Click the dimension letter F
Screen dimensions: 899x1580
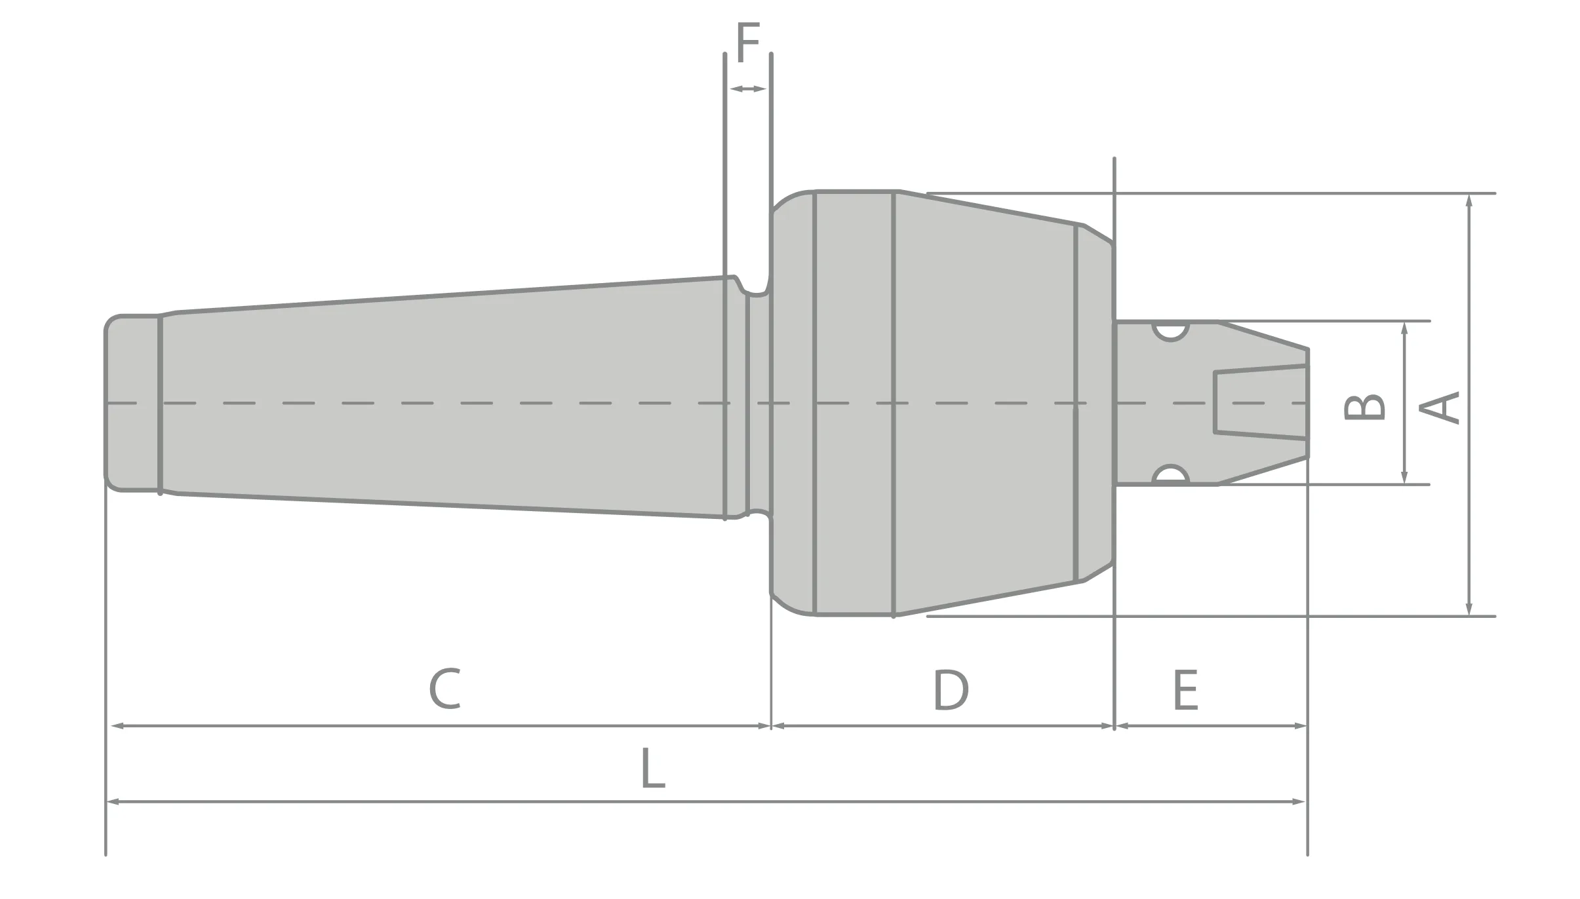click(x=747, y=43)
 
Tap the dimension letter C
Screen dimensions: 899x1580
click(x=445, y=689)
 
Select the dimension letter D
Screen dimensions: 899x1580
click(x=950, y=690)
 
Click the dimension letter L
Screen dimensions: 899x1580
click(x=652, y=768)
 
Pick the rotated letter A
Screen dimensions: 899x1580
click(x=1440, y=407)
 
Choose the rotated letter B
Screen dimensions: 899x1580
click(x=1365, y=407)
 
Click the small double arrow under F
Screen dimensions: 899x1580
click(x=747, y=89)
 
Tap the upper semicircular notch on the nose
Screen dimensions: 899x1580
click(x=1170, y=332)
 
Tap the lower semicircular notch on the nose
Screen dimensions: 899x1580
click(x=1170, y=474)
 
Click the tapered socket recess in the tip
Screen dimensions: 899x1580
click(x=1259, y=402)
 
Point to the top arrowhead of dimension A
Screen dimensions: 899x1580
click(x=1469, y=200)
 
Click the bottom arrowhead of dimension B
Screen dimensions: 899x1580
click(x=1404, y=478)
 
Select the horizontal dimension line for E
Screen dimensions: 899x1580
click(x=1212, y=726)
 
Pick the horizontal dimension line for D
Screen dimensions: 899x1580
click(x=943, y=726)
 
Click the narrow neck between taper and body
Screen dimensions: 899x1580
click(x=759, y=402)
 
